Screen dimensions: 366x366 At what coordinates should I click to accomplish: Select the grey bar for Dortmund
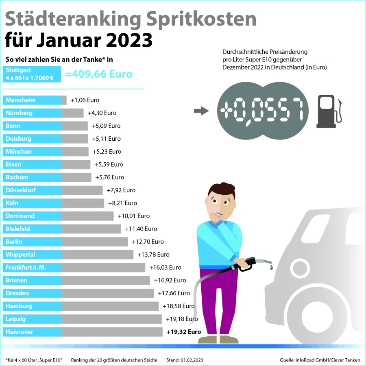[87, 216]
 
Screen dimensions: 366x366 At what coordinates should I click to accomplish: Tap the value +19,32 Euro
[184, 332]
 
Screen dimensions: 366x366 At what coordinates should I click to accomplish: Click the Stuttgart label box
[32, 74]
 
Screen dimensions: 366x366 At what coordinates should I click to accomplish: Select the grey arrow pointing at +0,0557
[201, 111]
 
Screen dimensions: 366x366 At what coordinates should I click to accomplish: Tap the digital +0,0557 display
[262, 111]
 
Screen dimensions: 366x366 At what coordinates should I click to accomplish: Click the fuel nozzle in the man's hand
[248, 264]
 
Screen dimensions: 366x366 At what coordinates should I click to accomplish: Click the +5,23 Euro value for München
[107, 152]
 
